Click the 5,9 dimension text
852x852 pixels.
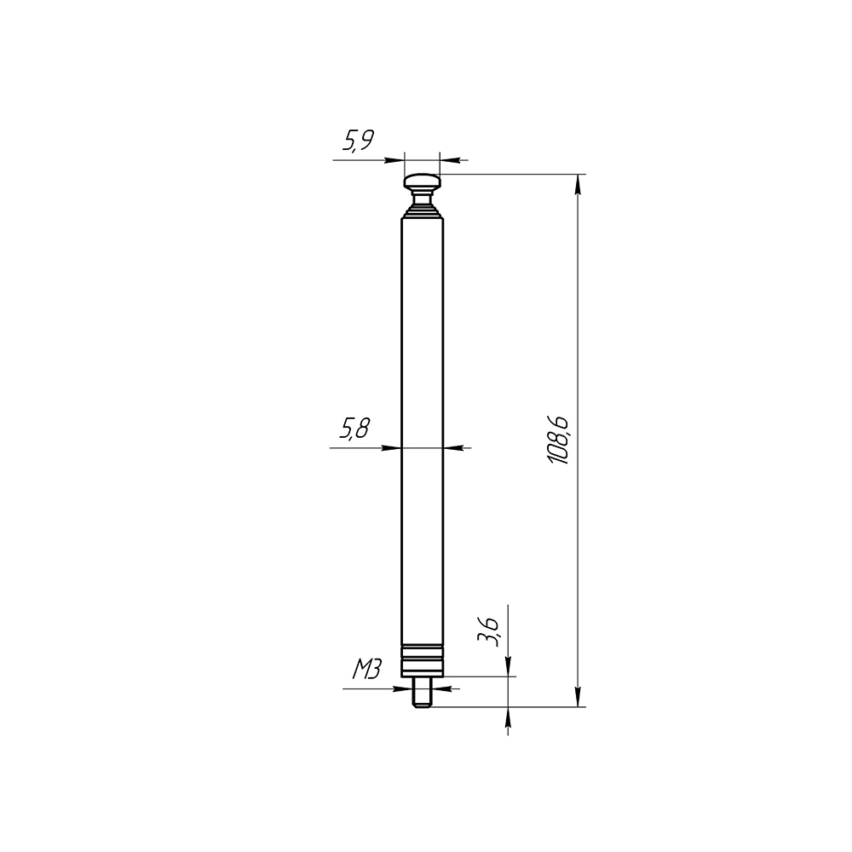pyautogui.click(x=358, y=141)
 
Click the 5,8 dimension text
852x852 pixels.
pyautogui.click(x=354, y=429)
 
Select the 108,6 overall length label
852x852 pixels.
pyautogui.click(x=559, y=440)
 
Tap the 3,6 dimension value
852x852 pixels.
pyautogui.click(x=488, y=631)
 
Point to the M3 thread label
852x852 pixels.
pyautogui.click(x=366, y=670)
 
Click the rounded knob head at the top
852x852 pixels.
pyautogui.click(x=422, y=181)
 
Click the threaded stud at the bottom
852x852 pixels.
pyautogui.click(x=422, y=692)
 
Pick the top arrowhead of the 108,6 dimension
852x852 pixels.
pyautogui.click(x=578, y=184)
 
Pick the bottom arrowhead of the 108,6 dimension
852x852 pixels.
pyautogui.click(x=578, y=697)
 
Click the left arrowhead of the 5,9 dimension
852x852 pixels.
pyautogui.click(x=394, y=160)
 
